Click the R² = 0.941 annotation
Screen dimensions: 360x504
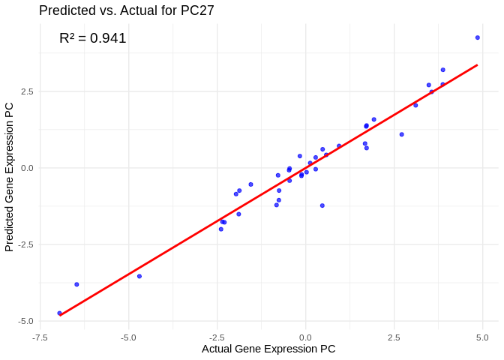tap(93, 38)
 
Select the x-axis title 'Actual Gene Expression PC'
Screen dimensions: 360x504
tap(268, 349)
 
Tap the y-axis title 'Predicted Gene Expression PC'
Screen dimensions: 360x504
tap(10, 177)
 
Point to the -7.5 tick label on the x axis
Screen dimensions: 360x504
tap(40, 337)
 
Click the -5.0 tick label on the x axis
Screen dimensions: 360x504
tap(128, 337)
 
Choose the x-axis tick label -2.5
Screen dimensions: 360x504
tap(217, 337)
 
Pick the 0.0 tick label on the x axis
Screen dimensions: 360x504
tap(305, 337)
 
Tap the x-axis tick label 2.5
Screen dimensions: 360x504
tap(394, 337)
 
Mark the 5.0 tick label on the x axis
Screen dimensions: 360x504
tap(482, 337)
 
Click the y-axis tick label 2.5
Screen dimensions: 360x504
tap(27, 91)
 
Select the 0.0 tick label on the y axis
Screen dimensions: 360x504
tap(27, 168)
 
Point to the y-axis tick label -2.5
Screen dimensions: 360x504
tap(25, 244)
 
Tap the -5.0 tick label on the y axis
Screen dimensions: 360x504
tap(25, 321)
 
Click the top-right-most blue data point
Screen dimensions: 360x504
tap(478, 37)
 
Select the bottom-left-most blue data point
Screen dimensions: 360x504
tap(59, 313)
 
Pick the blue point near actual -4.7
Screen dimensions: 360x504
tap(139, 276)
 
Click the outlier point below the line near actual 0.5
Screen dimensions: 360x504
tap(322, 205)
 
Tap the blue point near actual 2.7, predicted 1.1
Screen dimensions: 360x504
tap(402, 134)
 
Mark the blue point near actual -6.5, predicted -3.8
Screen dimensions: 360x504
tap(76, 284)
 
